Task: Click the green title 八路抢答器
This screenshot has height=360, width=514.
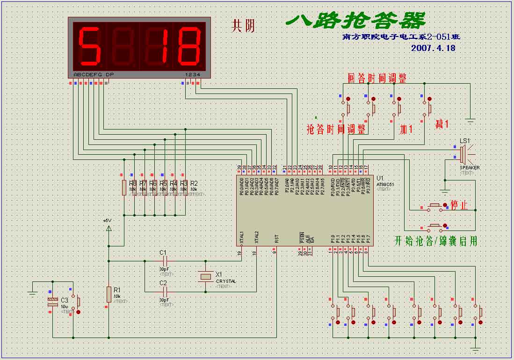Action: (355, 20)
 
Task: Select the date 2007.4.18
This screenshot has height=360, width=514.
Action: (433, 48)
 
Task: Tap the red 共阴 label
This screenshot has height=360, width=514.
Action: (244, 26)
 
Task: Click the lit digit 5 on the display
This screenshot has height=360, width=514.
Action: (90, 46)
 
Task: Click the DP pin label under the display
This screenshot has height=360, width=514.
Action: (110, 74)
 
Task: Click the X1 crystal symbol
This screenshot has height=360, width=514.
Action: (205, 276)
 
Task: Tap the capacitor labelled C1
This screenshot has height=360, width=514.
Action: (163, 261)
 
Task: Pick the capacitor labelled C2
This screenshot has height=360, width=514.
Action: (163, 292)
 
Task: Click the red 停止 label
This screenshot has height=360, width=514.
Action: (459, 205)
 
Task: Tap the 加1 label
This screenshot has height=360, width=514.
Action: (405, 129)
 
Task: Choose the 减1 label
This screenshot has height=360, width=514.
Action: (442, 124)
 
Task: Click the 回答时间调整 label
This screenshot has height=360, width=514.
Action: (376, 78)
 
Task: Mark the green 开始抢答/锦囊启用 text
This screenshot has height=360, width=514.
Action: (435, 241)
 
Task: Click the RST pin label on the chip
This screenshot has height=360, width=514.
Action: (277, 238)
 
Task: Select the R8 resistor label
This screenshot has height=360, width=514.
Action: (133, 184)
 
